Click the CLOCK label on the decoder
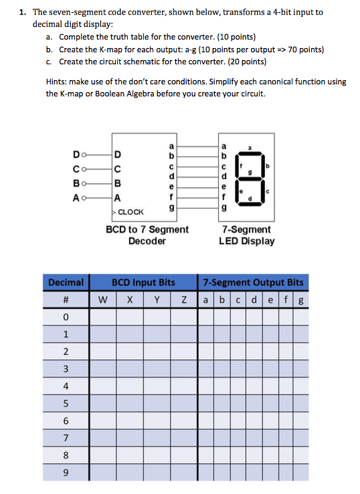[130, 211]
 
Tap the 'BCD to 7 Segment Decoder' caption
[147, 235]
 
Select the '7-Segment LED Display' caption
[246, 235]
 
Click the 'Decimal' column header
[66, 283]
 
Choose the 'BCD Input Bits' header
[143, 283]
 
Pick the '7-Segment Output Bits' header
[253, 283]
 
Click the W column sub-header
[103, 299]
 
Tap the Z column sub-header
[183, 299]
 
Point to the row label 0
[66, 316]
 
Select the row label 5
[66, 404]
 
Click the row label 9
[66, 473]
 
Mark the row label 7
[66, 439]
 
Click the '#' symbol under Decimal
[66, 299]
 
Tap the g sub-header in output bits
[302, 299]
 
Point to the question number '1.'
[23, 12]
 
